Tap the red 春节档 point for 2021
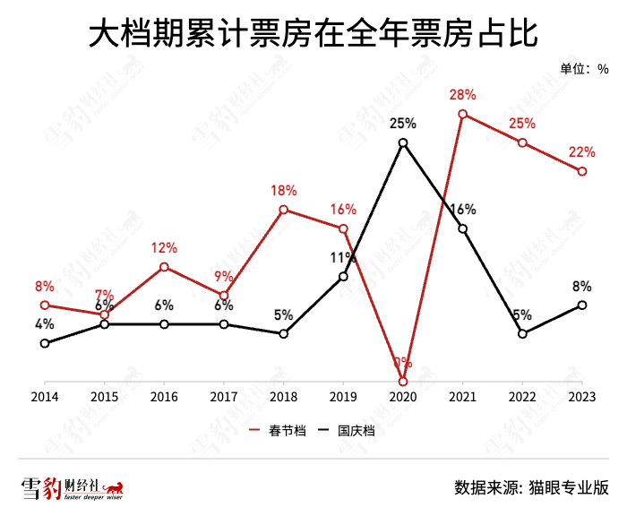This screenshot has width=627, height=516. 463,114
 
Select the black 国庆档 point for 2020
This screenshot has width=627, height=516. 403,142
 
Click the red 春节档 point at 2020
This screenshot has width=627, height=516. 403,382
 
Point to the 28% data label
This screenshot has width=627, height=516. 463,95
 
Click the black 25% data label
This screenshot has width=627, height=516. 403,124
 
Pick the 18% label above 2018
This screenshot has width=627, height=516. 283,190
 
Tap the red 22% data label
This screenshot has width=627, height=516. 582,152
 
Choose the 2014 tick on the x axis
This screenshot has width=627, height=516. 44,396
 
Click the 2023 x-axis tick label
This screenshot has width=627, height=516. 582,396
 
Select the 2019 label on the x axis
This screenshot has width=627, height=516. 343,396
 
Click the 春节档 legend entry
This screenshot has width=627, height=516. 278,431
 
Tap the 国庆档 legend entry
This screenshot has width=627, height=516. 347,431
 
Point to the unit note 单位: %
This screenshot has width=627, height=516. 584,69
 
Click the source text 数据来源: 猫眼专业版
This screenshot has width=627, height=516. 531,487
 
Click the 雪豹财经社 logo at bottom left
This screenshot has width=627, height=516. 71,488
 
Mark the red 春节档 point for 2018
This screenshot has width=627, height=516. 283,210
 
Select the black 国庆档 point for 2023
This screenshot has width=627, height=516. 582,305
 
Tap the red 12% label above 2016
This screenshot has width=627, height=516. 164,248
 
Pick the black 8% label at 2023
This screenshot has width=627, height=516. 582,287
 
